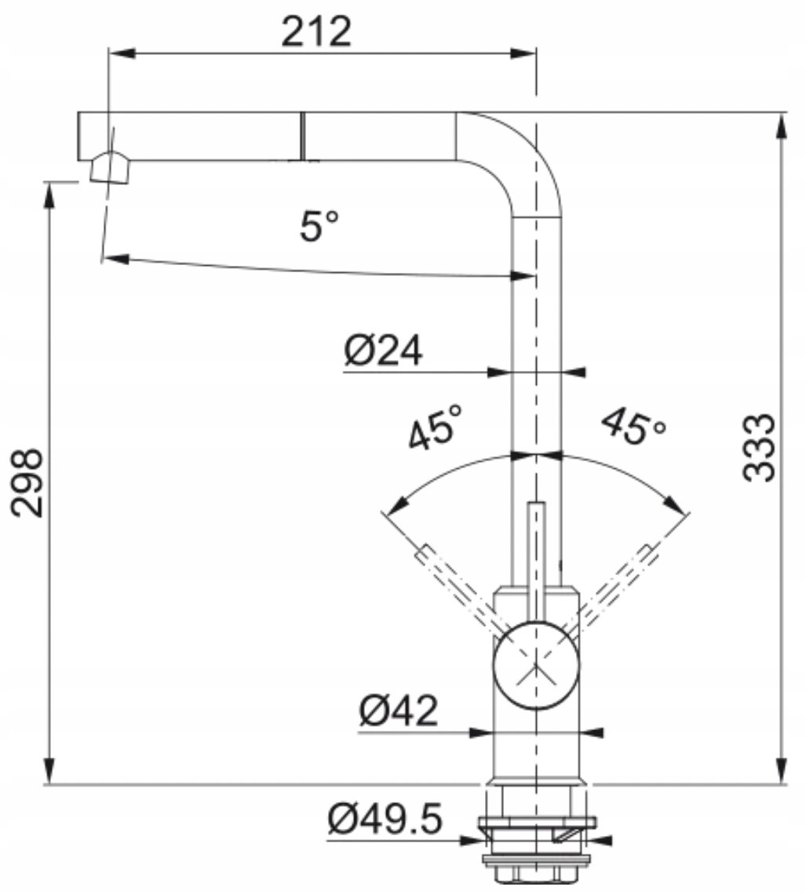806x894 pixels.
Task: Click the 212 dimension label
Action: (316, 31)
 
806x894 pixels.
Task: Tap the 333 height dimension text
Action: (760, 448)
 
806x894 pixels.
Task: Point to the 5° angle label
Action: (319, 226)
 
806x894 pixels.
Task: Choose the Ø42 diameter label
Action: (398, 710)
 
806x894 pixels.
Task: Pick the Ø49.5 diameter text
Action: (385, 819)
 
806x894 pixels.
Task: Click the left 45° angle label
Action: (436, 427)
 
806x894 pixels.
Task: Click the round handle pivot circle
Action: (535, 665)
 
